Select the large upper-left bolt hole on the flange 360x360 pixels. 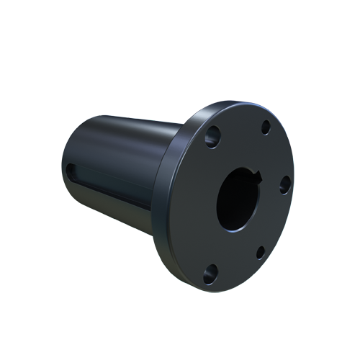pyautogui.click(x=212, y=136)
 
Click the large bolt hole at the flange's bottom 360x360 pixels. pyautogui.click(x=210, y=272)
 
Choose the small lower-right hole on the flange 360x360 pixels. pyautogui.click(x=261, y=252)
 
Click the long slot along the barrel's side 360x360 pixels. pyautogui.click(x=108, y=173)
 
